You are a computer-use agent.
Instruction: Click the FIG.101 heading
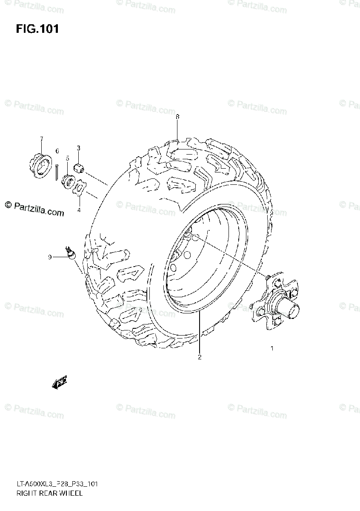tap(37, 29)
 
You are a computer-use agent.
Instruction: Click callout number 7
tap(41, 139)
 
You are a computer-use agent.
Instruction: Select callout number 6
tap(57, 151)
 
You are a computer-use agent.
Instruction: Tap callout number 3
tap(78, 148)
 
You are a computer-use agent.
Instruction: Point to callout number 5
tap(67, 158)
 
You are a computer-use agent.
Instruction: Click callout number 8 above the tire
tap(177, 117)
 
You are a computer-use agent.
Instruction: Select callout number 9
tap(50, 257)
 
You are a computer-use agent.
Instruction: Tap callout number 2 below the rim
tap(199, 357)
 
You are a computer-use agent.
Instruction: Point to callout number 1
tap(272, 348)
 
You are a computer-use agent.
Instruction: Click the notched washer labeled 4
tap(79, 188)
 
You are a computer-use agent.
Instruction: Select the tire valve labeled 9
tap(70, 253)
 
